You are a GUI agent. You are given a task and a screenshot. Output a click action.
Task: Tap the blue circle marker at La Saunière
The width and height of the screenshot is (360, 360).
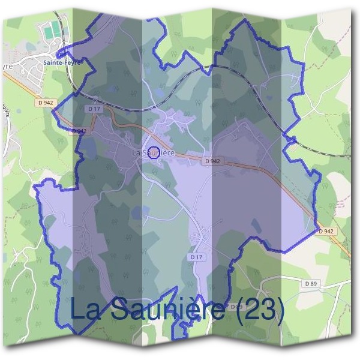tap(154, 152)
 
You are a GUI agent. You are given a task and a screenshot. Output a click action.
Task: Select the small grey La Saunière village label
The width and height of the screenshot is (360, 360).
tap(153, 154)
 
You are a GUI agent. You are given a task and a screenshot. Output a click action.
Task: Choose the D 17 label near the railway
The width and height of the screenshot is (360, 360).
tap(93, 109)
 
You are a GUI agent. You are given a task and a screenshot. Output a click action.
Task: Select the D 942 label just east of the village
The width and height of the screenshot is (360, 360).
tap(212, 161)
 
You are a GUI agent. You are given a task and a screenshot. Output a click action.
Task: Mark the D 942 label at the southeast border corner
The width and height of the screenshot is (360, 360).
tap(326, 231)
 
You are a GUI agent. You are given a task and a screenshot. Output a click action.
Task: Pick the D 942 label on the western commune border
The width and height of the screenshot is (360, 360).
tap(79, 131)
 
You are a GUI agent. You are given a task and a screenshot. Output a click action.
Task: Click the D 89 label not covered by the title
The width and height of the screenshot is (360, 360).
tap(310, 283)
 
